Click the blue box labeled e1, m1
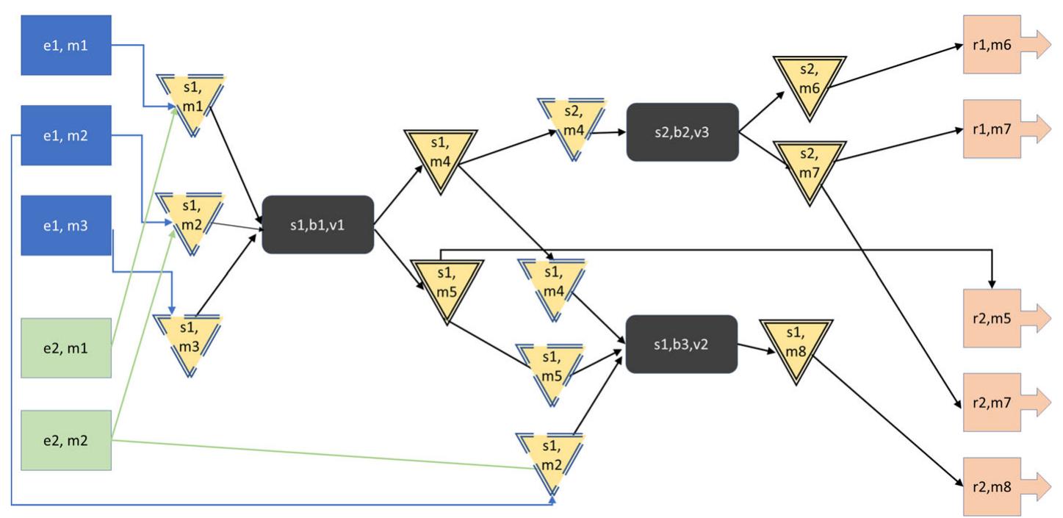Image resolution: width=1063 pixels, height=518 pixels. tap(66, 46)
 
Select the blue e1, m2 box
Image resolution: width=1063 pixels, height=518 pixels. tap(66, 136)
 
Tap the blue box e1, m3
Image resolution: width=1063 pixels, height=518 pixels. tap(66, 226)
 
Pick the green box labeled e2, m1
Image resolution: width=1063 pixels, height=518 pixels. tap(66, 348)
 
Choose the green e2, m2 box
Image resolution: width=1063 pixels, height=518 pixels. tap(66, 440)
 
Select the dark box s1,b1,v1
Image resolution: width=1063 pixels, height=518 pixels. tap(318, 225)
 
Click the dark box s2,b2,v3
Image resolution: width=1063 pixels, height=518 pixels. tap(682, 132)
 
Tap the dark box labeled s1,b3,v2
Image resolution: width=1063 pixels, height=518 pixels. tap(681, 344)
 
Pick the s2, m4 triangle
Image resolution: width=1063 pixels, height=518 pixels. tap(572, 122)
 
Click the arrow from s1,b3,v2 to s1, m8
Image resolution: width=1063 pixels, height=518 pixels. tap(757, 349)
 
